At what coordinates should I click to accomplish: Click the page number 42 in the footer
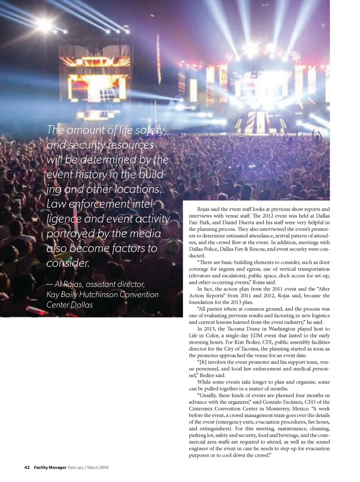click(x=27, y=467)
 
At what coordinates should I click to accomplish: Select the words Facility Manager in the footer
click(x=50, y=467)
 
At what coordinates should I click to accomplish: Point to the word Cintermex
click(x=202, y=409)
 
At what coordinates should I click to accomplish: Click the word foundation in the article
click(x=202, y=302)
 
